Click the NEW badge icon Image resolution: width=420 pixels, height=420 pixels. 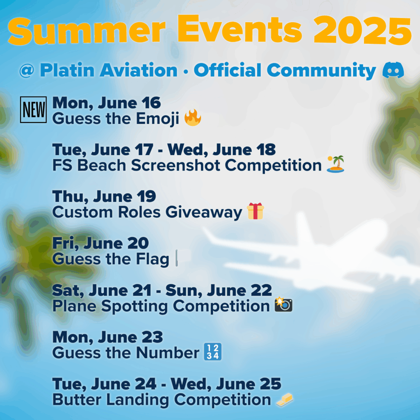[34, 110]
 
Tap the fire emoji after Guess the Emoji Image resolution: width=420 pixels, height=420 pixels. [193, 118]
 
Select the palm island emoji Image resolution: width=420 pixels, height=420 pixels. [336, 164]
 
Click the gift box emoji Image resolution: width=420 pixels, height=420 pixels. [255, 211]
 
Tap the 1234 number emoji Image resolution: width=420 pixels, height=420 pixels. [213, 352]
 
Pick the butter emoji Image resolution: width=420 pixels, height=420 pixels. [285, 399]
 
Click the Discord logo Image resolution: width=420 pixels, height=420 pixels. [393, 70]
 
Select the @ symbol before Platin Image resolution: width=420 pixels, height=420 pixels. [27, 71]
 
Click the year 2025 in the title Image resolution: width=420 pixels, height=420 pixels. [363, 30]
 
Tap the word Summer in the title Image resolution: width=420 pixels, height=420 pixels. [87, 31]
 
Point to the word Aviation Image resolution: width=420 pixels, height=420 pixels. [139, 70]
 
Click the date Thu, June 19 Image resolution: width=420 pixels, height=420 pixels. [104, 196]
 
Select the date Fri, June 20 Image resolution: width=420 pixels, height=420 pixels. [100, 243]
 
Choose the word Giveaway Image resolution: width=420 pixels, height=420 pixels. [204, 213]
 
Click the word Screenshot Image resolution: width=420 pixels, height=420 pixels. [176, 165]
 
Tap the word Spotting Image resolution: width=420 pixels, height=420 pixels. [135, 306]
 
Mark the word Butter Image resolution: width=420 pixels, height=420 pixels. [77, 399]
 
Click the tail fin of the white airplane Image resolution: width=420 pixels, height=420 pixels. [304, 228]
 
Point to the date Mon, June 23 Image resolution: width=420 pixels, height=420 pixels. [108, 337]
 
